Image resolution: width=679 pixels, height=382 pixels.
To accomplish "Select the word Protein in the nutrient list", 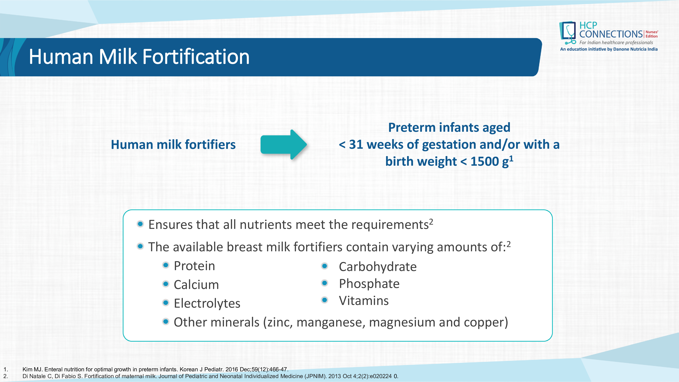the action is point(194,266).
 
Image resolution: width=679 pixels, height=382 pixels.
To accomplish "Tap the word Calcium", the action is point(196,285).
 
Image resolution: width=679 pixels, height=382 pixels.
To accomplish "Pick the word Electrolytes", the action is point(207,303).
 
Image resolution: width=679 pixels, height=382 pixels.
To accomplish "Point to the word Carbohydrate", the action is point(378,267).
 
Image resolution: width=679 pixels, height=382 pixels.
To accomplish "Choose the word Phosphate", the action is point(369,284).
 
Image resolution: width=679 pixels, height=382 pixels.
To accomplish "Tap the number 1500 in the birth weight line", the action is point(484,161).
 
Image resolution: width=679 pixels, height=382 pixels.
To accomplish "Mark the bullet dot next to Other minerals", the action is point(166,321).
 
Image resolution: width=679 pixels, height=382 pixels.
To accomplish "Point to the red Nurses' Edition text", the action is point(652,34).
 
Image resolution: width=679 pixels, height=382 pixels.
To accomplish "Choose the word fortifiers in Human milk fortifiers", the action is point(210,144).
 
